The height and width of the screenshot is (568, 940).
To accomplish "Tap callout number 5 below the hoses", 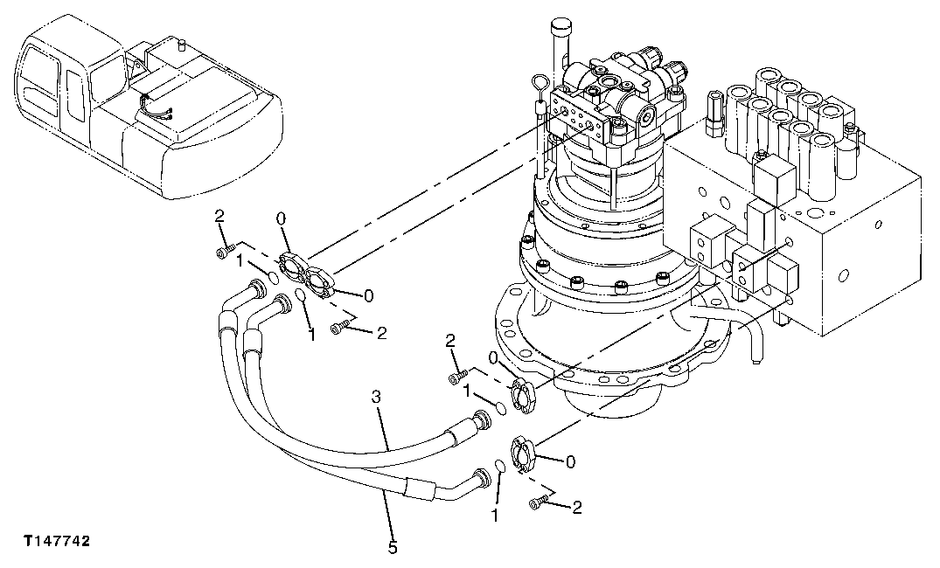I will [393, 547].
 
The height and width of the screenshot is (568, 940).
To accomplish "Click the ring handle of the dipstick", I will [536, 84].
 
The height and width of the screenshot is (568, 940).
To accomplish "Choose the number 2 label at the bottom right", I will [576, 506].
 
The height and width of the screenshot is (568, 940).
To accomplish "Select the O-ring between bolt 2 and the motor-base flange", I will [498, 407].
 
